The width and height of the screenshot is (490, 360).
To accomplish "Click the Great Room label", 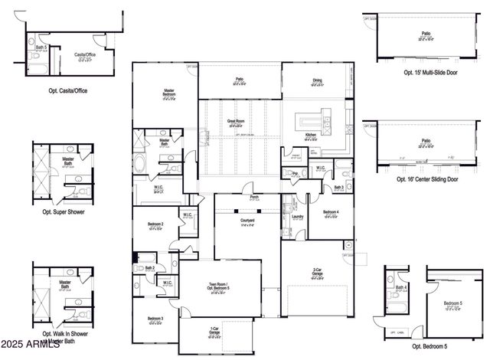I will tap(235, 121).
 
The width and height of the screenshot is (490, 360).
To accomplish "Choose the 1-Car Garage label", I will tap(216, 332).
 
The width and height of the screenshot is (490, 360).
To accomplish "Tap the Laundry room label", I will tap(299, 217).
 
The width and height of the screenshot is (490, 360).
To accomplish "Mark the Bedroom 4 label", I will tap(331, 212).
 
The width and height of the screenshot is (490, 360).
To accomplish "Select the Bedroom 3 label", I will tap(155, 319).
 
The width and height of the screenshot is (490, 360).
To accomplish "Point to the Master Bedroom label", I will tap(168, 92).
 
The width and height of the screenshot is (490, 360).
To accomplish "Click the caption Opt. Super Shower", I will tap(64, 211).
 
